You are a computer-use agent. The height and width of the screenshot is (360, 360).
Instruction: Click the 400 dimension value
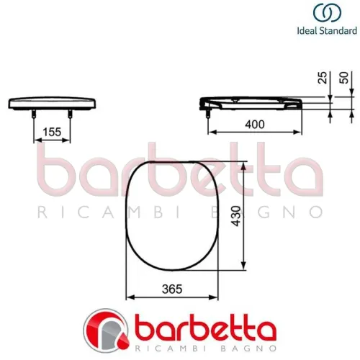253,123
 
